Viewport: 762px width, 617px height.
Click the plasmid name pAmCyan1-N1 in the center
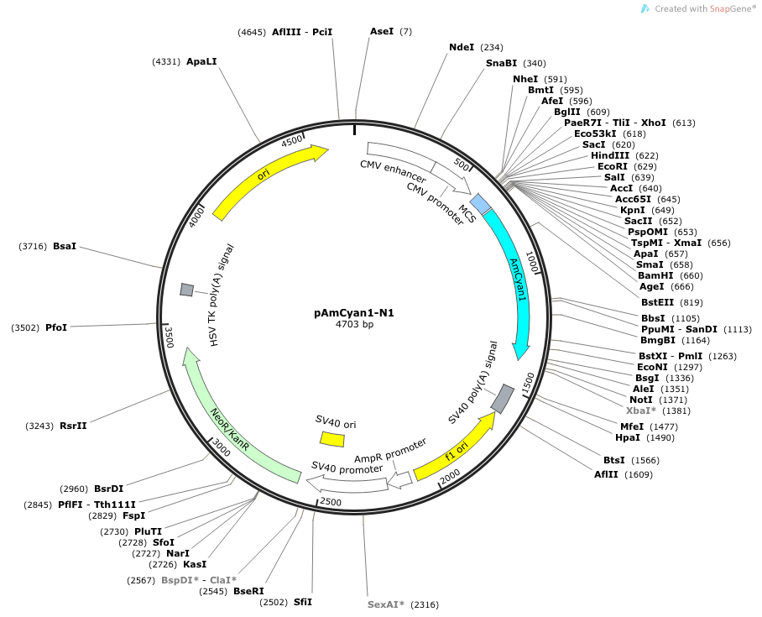[354, 312]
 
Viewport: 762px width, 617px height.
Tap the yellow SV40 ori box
[332, 439]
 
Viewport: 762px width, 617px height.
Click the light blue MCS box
[480, 204]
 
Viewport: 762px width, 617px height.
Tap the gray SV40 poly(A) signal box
[503, 399]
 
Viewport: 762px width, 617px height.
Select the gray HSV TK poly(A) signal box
[186, 290]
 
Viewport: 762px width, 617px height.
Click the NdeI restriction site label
[462, 48]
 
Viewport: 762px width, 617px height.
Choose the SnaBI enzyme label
[502, 63]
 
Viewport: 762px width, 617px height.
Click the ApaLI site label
[201, 61]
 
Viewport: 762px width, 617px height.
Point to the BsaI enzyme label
[65, 246]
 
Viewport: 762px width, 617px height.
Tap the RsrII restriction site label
[73, 426]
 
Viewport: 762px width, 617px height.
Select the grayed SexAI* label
[386, 604]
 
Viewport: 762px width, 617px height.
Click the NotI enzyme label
[641, 400]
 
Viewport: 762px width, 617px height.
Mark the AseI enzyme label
[382, 31]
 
